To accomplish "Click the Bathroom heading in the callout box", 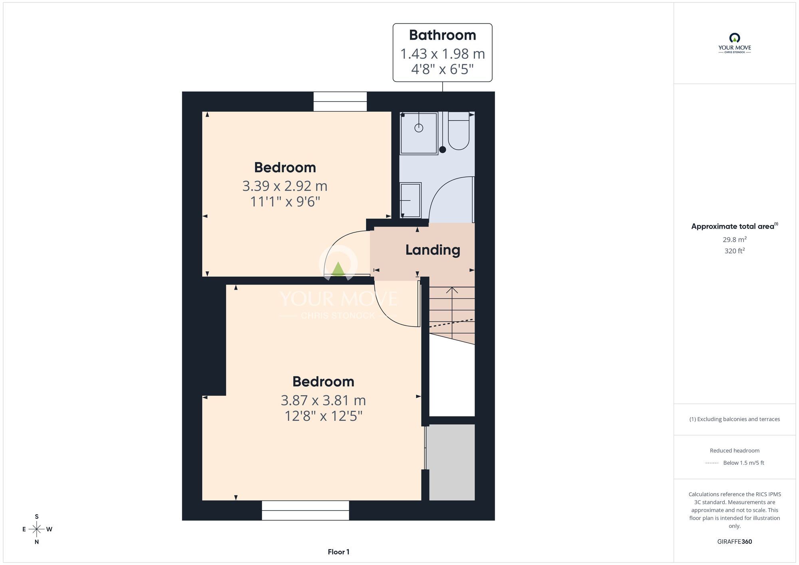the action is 442,35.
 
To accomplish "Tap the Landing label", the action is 433,250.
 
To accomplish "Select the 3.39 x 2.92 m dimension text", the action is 285,186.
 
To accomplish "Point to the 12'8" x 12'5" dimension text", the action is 323,416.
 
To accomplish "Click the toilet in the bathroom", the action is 459,131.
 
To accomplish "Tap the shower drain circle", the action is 419,128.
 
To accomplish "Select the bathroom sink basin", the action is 410,200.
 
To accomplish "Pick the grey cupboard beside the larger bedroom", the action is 452,462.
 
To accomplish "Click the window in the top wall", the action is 340,101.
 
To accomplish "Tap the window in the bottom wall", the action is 305,510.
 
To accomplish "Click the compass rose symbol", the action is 37,529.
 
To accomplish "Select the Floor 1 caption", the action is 338,552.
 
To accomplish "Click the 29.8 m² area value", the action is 734,239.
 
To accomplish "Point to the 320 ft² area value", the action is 734,251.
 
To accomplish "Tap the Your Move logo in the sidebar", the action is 735,43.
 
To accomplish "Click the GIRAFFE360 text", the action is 734,542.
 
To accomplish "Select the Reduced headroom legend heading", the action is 734,451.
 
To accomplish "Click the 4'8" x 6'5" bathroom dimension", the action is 442,70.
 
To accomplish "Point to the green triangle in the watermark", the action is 338,269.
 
